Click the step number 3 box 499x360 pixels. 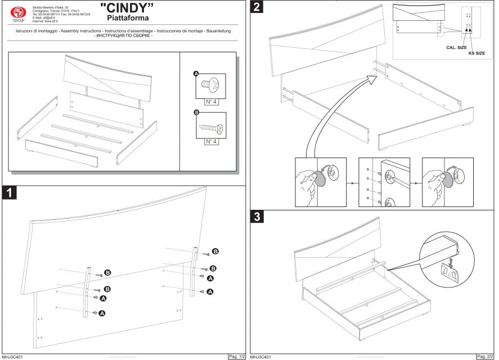coord(257,217)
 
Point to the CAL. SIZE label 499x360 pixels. coord(456,48)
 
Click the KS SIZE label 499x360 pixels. coord(476,53)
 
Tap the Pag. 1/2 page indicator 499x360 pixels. coord(236,356)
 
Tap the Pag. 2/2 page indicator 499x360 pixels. coord(485,356)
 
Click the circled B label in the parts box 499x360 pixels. coord(196,113)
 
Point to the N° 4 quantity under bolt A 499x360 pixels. coord(211,102)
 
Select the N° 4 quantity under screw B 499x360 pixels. coord(211,141)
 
